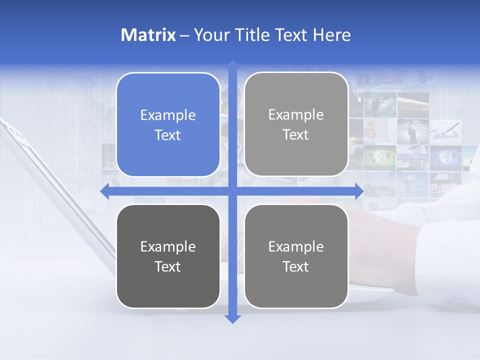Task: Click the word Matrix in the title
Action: pos(148,35)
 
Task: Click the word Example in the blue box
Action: pos(168,115)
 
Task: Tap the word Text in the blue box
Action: pos(168,135)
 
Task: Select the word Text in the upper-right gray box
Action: pos(296,135)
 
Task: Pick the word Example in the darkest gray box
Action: pos(168,247)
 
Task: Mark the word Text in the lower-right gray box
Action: pos(296,267)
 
